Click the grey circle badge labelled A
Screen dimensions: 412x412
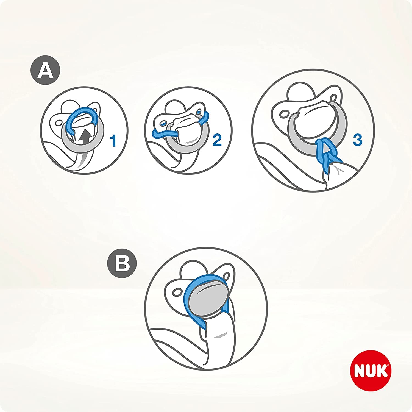tap(45, 71)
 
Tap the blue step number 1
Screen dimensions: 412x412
tap(113, 140)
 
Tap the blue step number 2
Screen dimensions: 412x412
tap(217, 140)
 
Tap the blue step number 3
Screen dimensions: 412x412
tap(357, 140)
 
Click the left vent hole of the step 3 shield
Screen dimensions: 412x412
tap(283, 114)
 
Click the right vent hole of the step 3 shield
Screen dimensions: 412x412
tap(334, 98)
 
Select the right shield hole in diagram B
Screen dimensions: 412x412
tap(227, 275)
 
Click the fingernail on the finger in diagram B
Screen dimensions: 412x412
tap(221, 335)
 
